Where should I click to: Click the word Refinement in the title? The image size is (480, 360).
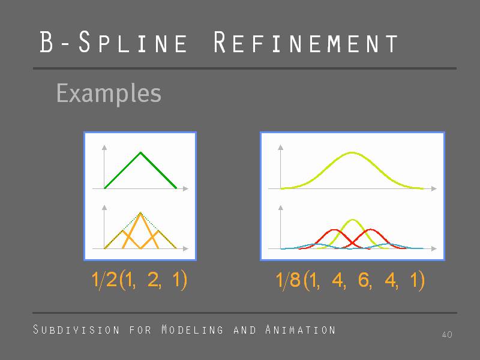[305, 42]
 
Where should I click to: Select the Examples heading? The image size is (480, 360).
[109, 94]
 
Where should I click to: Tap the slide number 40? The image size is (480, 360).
[447, 334]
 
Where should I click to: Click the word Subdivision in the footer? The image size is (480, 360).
[76, 329]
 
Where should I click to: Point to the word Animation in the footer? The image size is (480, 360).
[301, 329]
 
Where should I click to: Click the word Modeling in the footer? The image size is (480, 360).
[192, 329]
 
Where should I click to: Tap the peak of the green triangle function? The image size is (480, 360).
[140, 152]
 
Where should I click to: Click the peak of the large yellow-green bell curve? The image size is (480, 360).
[352, 152]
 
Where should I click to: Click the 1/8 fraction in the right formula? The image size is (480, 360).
[288, 280]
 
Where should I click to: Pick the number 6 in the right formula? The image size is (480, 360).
[364, 280]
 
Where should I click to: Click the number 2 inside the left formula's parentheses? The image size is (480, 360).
[153, 280]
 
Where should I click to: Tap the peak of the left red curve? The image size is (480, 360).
[334, 230]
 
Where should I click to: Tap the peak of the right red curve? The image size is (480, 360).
[370, 230]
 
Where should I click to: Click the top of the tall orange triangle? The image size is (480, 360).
[140, 213]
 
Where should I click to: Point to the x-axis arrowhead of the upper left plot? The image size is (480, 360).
[185, 188]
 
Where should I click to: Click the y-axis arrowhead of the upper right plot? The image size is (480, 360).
[280, 148]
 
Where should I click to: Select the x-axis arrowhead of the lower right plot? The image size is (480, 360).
[434, 248]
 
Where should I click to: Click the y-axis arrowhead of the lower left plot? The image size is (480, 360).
[104, 208]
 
